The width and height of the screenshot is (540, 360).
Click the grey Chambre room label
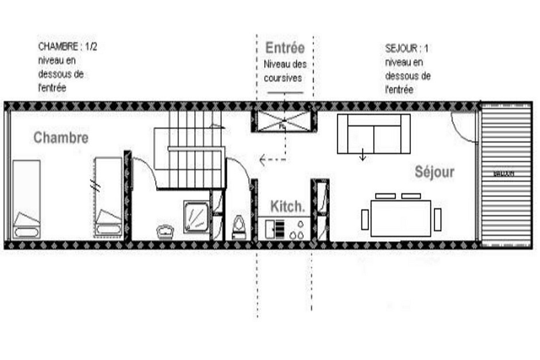[61, 138]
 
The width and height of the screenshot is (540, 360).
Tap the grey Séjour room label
[434, 172]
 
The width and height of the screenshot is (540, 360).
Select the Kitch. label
[287, 206]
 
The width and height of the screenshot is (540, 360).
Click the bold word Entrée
[284, 48]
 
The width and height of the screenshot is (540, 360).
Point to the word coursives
[283, 78]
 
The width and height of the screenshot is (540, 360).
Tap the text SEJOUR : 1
[407, 48]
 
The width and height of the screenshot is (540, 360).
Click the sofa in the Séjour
[373, 134]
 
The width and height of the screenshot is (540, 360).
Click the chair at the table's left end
[365, 219]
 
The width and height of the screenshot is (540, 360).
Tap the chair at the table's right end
[437, 219]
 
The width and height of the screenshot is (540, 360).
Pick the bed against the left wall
[26, 198]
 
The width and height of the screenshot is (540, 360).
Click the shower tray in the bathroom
[197, 216]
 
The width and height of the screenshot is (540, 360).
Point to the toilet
[239, 227]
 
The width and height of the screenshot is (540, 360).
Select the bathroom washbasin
[166, 231]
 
